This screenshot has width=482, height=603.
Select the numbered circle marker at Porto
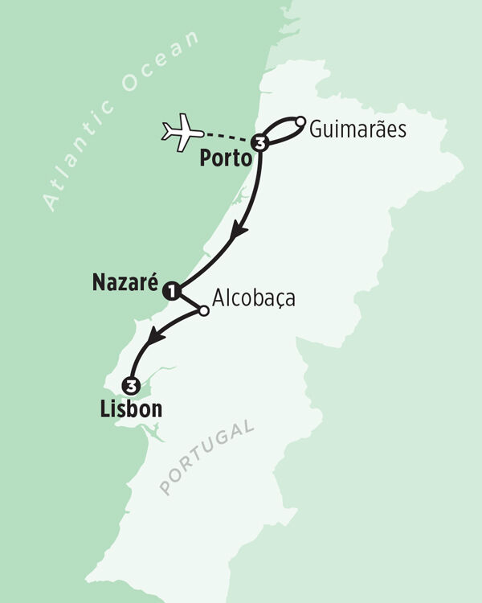click(259, 144)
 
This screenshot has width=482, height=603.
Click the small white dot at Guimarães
click(300, 121)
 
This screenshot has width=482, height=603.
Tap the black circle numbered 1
click(170, 292)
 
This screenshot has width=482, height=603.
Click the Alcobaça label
click(253, 298)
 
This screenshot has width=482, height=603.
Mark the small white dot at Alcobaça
click(203, 310)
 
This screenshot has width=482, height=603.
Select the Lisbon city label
click(130, 408)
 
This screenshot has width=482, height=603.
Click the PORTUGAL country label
click(206, 456)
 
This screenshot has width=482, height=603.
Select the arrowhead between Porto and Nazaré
click(238, 233)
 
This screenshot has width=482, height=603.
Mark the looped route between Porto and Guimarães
click(280, 125)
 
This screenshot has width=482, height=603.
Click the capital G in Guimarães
click(316, 129)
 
